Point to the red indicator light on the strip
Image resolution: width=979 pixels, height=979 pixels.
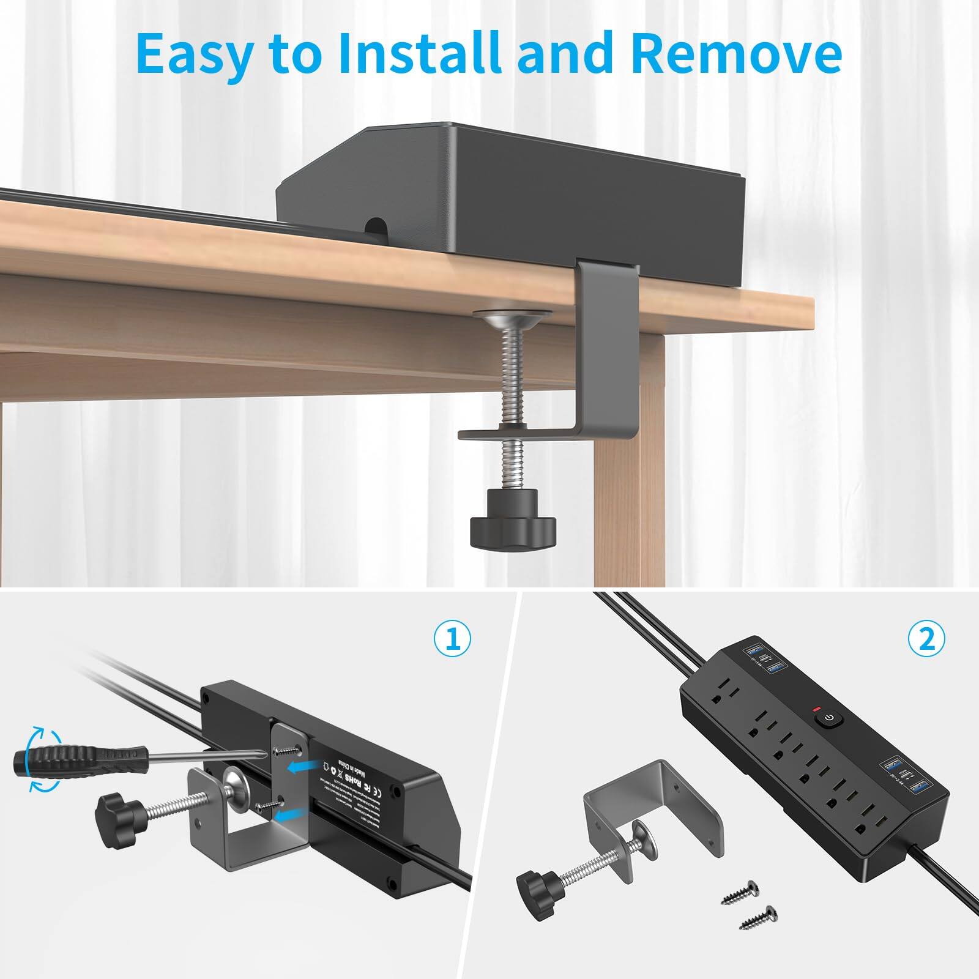click(815, 709)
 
